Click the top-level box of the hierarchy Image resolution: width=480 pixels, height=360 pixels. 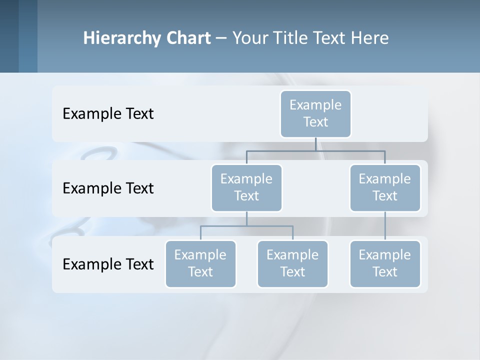click(x=315, y=113)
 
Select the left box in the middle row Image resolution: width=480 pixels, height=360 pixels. click(x=246, y=187)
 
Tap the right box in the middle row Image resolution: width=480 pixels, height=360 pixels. click(x=385, y=187)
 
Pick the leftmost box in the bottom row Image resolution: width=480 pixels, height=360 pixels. click(x=200, y=263)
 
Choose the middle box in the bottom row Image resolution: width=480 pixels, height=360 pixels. click(x=292, y=263)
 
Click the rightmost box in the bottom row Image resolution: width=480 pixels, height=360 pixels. click(x=385, y=263)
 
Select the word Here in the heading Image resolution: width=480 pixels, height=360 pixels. click(x=370, y=38)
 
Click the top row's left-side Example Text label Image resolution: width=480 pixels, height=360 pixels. click(x=108, y=113)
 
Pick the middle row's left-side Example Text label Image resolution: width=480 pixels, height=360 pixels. click(x=108, y=188)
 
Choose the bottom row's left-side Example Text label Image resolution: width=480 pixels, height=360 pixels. click(x=108, y=264)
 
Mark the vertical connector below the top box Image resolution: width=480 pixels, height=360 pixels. click(x=315, y=144)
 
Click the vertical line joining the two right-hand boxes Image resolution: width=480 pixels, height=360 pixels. click(x=385, y=226)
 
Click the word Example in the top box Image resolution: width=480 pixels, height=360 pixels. click(x=315, y=105)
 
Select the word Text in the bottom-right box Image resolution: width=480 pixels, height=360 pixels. click(x=385, y=272)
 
